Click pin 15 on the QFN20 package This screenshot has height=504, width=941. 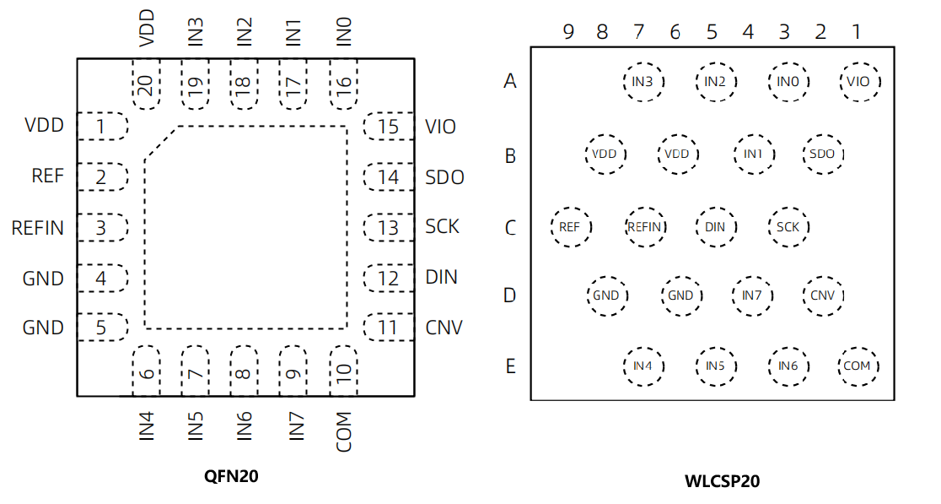(388, 127)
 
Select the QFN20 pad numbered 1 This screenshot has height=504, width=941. (102, 127)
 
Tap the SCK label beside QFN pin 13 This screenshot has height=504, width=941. (443, 226)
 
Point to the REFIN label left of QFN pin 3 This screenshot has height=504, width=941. (38, 228)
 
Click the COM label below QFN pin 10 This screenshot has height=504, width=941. (343, 432)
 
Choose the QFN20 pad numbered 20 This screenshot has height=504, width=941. (146, 84)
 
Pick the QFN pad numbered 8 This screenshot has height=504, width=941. (244, 371)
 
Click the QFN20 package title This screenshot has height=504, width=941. (231, 476)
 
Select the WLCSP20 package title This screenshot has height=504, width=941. (723, 482)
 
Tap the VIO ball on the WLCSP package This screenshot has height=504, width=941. (859, 82)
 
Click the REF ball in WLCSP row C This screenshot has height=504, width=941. (569, 227)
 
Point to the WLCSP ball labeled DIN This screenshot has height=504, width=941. (715, 227)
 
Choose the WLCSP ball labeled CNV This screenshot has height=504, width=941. (822, 295)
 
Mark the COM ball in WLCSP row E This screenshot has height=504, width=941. (858, 366)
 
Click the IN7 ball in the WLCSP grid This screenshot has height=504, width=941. (751, 295)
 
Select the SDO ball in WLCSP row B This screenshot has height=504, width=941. (822, 154)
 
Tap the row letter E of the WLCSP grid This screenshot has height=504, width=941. (510, 366)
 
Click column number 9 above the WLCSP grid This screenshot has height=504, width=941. (568, 32)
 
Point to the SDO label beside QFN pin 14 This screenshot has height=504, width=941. (445, 177)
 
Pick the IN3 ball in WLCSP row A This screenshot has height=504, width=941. (643, 82)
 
